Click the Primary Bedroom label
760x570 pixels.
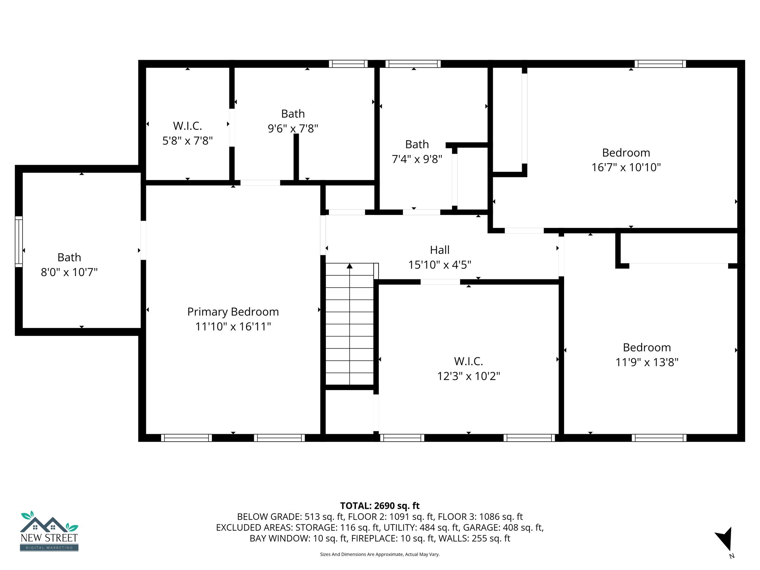click(x=233, y=312)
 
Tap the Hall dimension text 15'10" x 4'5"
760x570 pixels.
click(x=440, y=265)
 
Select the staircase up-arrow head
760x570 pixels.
click(x=350, y=266)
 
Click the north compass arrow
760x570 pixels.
click(x=724, y=538)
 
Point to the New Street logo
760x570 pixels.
click(x=49, y=531)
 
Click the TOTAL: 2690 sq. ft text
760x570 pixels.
click(x=380, y=506)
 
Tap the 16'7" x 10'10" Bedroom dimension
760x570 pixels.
click(x=626, y=167)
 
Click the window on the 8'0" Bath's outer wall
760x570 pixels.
click(x=19, y=242)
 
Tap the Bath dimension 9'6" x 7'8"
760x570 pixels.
click(x=293, y=128)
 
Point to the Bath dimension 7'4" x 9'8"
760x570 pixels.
click(x=417, y=159)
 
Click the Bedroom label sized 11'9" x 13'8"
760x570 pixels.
click(x=647, y=347)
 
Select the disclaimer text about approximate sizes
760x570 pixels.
click(x=380, y=554)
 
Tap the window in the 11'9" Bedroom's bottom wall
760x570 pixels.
click(x=659, y=438)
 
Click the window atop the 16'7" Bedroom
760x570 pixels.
click(x=660, y=64)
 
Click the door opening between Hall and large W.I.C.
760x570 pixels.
click(x=440, y=282)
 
